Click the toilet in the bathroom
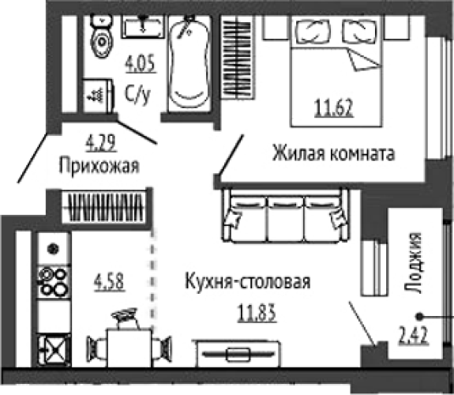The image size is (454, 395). pos(101,36)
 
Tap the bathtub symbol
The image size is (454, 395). pos(189,63)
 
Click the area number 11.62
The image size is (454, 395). pos(334,108)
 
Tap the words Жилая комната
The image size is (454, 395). pos(333,153)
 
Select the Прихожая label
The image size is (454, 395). pos(99,166)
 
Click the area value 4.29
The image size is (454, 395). pos(102,143)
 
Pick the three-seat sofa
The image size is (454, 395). pos(285,216)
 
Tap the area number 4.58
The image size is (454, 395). pos(110,282)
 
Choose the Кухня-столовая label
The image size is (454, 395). pos(248,282)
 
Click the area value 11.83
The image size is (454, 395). pos(257,313)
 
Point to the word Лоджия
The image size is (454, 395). pos(413,263)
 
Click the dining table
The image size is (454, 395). pos(129,347)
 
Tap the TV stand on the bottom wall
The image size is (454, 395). pos(238,354)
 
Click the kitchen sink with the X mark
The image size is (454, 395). pos(54,349)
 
